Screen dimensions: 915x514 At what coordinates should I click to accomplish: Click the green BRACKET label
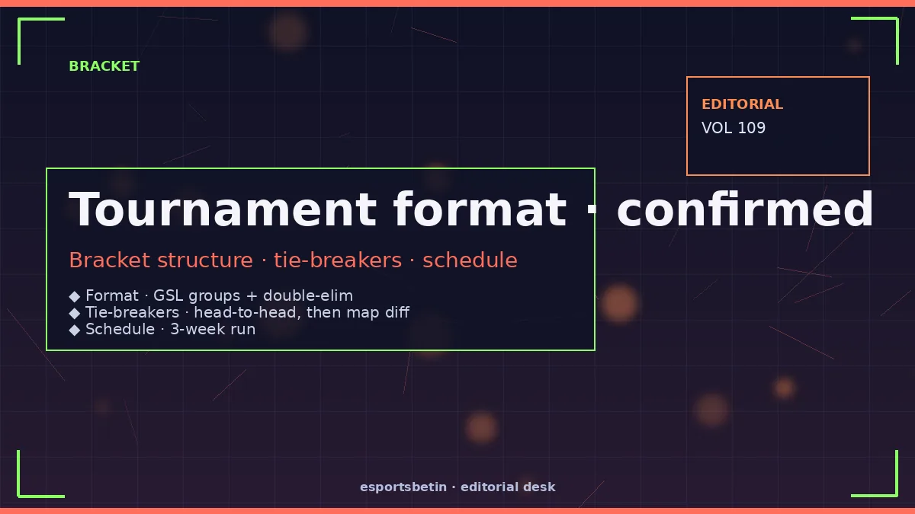point(104,66)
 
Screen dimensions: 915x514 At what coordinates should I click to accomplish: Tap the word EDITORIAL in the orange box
point(742,104)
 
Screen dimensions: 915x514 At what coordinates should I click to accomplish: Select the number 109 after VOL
point(752,128)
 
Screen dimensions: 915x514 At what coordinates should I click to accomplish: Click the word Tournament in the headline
point(223,209)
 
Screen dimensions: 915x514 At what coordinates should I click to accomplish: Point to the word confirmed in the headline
point(745,209)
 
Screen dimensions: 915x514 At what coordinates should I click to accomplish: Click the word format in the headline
point(480,209)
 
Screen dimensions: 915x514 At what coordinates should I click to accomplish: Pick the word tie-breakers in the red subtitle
point(338,260)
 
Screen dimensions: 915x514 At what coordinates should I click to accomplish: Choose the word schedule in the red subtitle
point(470,260)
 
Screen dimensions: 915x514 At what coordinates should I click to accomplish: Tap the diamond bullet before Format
point(75,296)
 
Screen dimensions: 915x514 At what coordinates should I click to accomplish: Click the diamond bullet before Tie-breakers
point(75,313)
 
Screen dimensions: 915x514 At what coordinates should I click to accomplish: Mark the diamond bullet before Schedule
point(75,330)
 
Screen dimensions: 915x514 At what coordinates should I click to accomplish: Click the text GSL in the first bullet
point(168,295)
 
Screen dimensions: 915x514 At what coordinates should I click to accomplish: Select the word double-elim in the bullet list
point(308,295)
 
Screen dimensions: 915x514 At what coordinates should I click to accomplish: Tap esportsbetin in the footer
point(403,487)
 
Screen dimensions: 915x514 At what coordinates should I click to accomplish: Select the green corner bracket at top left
point(20,20)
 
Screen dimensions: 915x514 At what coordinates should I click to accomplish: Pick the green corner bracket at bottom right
point(896,495)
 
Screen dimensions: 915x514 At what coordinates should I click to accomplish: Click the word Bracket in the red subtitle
point(110,260)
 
